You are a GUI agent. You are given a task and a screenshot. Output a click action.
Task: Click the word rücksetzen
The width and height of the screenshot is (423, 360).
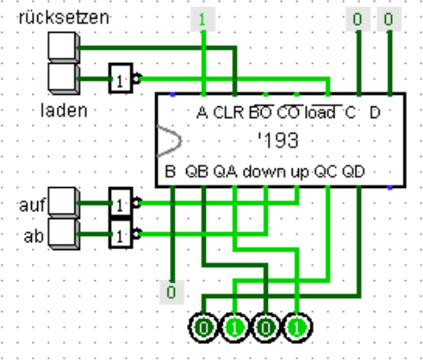coord(64,18)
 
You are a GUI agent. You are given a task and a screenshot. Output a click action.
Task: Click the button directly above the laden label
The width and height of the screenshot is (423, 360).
coord(64,79)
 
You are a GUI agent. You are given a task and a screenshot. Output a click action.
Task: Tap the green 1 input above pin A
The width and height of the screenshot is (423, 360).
coord(203,20)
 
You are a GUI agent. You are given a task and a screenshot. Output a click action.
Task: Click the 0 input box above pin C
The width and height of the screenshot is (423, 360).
coord(358,20)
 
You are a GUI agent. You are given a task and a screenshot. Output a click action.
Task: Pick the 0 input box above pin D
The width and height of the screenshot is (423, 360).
coord(389,20)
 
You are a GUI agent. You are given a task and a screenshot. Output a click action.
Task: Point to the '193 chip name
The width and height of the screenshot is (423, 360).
coord(278,140)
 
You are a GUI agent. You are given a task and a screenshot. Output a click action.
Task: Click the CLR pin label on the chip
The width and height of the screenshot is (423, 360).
coord(228,113)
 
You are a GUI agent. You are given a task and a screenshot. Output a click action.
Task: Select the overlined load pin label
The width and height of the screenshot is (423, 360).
coord(320,113)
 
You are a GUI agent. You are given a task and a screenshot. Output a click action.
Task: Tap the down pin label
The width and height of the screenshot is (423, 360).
coord(264,171)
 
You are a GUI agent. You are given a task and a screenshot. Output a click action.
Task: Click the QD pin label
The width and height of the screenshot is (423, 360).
coord(354,171)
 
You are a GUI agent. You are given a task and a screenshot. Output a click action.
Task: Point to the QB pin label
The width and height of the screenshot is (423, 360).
coord(197,171)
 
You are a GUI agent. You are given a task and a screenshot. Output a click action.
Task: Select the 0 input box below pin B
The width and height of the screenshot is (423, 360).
coord(172,293)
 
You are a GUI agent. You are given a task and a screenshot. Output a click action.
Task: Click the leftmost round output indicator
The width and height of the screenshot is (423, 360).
coord(203,327)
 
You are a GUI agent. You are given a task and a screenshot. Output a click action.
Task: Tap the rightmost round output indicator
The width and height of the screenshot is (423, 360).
coord(297,327)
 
